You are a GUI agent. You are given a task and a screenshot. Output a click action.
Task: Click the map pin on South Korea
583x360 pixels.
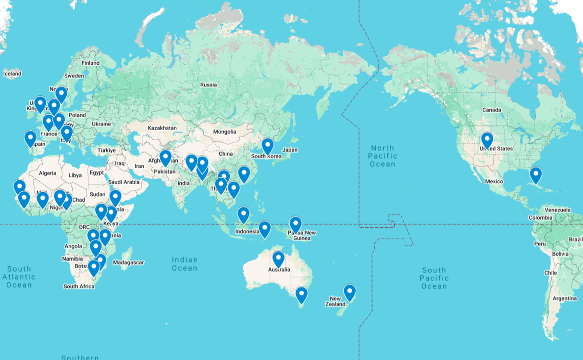(x=268, y=146)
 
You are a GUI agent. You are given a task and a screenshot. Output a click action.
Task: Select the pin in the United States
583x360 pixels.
(x=487, y=140)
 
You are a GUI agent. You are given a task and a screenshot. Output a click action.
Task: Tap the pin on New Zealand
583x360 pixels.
(x=349, y=292)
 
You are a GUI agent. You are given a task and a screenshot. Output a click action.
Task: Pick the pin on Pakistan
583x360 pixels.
(x=165, y=158)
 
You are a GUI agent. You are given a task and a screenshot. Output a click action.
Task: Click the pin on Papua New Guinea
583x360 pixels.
(x=296, y=224)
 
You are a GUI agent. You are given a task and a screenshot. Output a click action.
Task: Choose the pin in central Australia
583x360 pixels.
(x=278, y=259)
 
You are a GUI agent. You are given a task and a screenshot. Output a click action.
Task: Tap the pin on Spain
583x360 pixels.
(x=30, y=138)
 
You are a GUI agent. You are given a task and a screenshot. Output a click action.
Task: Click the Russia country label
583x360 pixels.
(x=209, y=85)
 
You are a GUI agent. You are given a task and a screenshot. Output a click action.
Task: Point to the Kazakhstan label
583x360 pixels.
(x=162, y=128)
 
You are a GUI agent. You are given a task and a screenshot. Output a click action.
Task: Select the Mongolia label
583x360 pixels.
(x=224, y=132)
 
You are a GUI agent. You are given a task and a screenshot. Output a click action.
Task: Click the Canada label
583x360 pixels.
(x=492, y=110)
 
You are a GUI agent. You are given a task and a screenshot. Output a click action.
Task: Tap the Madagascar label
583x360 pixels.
(x=128, y=262)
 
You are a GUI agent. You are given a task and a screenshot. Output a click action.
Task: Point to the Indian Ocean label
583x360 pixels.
(x=185, y=264)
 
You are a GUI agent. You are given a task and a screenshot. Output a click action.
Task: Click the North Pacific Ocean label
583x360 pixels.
(x=383, y=156)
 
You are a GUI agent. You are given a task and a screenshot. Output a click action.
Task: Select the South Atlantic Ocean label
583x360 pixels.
(x=19, y=277)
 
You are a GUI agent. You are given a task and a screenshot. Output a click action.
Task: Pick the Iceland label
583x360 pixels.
(x=12, y=74)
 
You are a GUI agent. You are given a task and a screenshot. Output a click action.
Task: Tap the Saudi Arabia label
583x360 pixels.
(x=124, y=182)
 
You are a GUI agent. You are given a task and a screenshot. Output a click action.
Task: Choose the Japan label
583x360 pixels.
(x=290, y=150)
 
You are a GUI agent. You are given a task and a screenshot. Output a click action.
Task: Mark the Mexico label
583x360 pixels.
(x=494, y=182)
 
